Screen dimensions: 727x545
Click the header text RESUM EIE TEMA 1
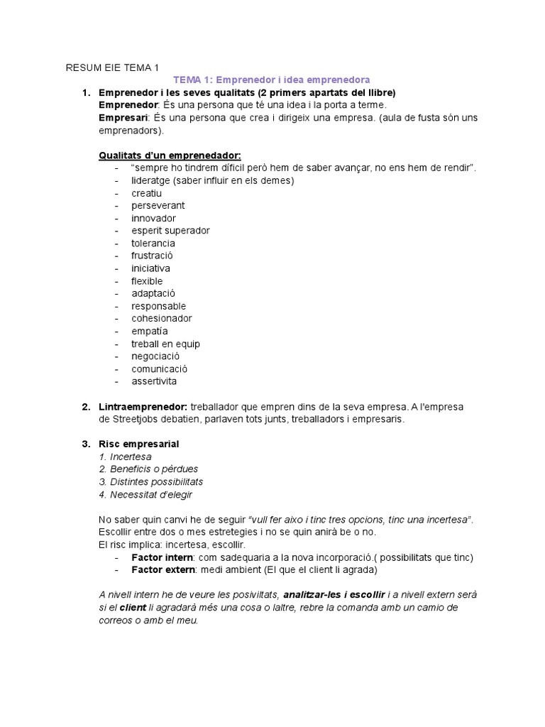(x=112, y=68)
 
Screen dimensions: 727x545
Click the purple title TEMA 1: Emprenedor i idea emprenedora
(x=272, y=80)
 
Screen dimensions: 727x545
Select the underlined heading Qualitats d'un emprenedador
(x=170, y=155)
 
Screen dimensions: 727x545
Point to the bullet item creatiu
(x=146, y=193)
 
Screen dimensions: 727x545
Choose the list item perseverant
(x=158, y=206)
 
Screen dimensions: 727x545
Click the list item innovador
(x=153, y=218)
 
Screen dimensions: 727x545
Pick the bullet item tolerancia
(x=153, y=244)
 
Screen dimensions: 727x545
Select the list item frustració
(x=152, y=256)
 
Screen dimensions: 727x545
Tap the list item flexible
(x=147, y=281)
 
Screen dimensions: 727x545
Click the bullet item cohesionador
(x=161, y=319)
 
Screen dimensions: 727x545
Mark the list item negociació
(x=155, y=356)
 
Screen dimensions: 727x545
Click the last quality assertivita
(x=154, y=381)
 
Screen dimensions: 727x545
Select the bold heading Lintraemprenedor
(x=143, y=407)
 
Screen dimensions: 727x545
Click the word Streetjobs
(x=136, y=420)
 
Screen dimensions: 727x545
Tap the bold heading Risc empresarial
(x=138, y=444)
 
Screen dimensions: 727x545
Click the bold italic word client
(x=133, y=608)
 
